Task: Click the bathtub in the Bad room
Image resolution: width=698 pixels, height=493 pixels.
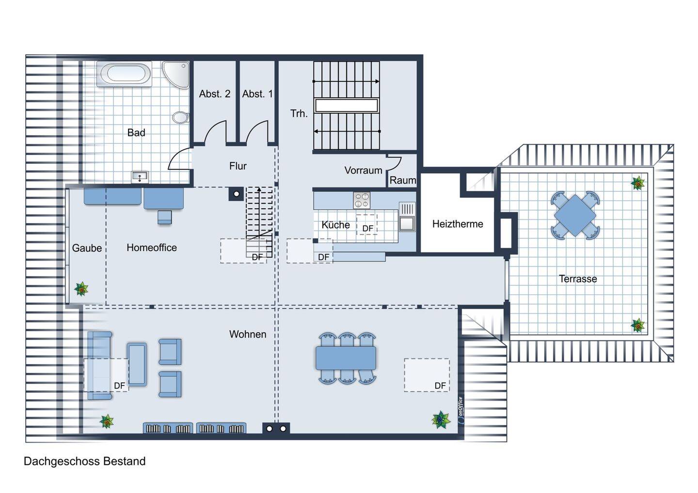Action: pos(124,74)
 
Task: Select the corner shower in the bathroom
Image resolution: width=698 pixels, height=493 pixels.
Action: pos(175,75)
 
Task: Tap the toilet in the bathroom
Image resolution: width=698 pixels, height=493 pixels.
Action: pos(181,117)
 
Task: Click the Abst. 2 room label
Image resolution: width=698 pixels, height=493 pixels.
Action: pos(215,93)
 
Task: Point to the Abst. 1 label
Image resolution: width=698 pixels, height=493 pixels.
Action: pos(257,93)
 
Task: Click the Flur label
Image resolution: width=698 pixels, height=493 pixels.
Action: pos(238,166)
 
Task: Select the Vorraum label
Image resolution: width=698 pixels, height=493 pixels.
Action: pos(364,170)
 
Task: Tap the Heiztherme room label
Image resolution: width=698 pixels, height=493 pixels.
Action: pos(458,224)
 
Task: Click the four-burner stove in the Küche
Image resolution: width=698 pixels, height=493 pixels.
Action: pos(362,200)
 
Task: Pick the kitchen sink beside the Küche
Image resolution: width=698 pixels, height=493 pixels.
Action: pos(407,216)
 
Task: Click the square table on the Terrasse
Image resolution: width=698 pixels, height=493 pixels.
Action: pos(575,216)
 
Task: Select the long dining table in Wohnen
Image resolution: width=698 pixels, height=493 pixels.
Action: pos(346,358)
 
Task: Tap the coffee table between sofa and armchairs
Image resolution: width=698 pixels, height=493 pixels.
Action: pos(137,365)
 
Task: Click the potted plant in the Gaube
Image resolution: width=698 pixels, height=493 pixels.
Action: pos(81,289)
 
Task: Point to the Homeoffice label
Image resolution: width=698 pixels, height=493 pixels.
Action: pos(152,248)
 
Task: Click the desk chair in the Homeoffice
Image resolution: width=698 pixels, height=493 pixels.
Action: pos(164,217)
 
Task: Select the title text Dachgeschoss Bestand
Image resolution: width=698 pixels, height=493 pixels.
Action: pos(85,461)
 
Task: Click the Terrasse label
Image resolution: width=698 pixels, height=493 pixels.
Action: pos(578,279)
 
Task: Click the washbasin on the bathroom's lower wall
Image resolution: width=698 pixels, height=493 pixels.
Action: pos(140,177)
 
